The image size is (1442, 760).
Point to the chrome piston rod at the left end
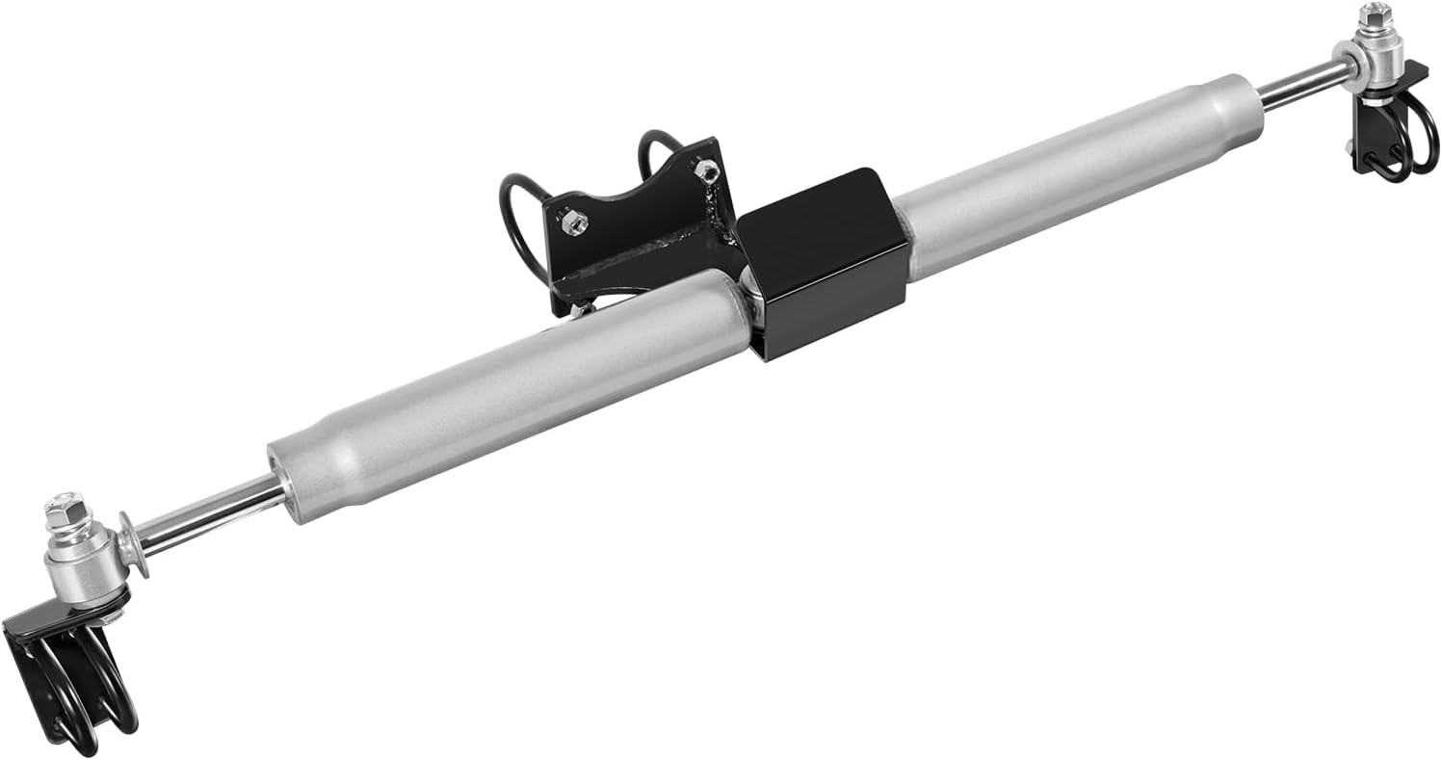click(x=207, y=511)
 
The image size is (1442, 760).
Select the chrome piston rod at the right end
click(x=1300, y=84)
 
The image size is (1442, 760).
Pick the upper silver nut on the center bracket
click(x=705, y=170)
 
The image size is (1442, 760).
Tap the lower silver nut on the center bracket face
click(x=574, y=223)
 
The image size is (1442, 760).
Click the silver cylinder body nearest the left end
click(x=501, y=385)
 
